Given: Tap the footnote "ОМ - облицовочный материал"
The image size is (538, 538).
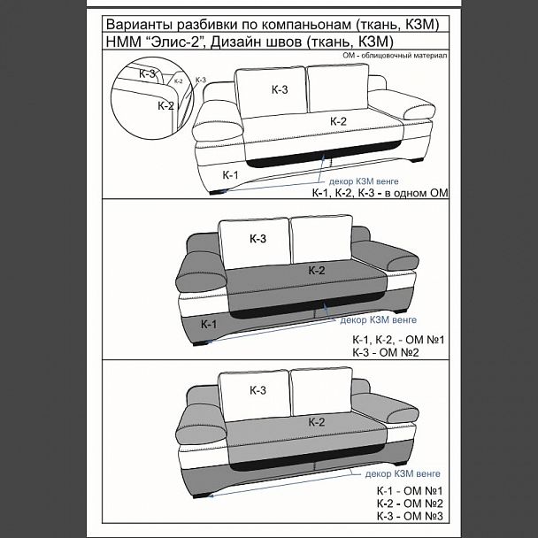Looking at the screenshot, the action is coord(395,55).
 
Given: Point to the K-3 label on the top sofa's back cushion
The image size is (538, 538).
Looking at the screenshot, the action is coord(280,89).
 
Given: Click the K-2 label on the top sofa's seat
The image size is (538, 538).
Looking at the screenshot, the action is coord(338,121).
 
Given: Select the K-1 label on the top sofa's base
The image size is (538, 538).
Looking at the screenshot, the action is coord(230,175).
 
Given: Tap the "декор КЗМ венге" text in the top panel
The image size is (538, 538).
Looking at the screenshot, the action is coord(364,181).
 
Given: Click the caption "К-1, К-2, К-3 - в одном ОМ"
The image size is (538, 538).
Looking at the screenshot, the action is coord(380,193).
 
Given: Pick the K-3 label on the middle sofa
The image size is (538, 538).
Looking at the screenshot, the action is coord(257,238).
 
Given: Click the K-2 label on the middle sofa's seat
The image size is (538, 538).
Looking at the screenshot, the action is coord(317,271).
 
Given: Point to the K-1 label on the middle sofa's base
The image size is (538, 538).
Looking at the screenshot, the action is coord(209,324).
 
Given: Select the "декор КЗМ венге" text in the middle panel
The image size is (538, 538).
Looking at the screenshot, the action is coord(378,319).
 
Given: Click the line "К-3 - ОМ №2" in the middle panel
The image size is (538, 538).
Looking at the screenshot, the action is coord(386,352).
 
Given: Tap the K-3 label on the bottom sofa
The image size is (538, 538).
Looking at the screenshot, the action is coord(257,390).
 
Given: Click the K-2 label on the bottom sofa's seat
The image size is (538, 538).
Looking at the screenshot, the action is coord(317,422).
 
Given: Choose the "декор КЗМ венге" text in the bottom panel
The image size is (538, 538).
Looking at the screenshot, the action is coord(403,473).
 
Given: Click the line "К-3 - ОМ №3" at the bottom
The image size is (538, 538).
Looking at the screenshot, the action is coord(410,516).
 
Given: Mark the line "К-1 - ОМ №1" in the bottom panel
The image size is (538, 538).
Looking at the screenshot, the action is coord(410,491).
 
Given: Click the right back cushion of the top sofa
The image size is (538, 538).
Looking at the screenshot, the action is coord(338,88).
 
